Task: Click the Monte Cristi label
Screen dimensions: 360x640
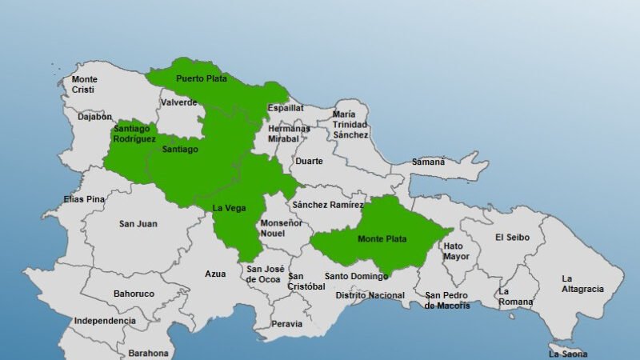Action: tap(85, 84)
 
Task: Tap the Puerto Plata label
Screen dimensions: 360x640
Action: tap(202, 78)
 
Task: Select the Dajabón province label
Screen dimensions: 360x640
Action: tap(94, 116)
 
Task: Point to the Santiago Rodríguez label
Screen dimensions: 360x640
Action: tap(134, 134)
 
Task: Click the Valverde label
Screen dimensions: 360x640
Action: tap(178, 102)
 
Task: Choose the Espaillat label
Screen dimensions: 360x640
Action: tap(285, 106)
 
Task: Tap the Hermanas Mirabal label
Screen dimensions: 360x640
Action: tap(289, 134)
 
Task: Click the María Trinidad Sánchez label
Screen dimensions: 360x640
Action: tap(350, 124)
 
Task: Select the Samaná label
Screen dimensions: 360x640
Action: tap(428, 162)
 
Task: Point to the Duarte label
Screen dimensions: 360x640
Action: tap(310, 161)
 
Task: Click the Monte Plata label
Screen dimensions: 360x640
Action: tap(382, 238)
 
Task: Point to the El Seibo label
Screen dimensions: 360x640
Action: tap(510, 237)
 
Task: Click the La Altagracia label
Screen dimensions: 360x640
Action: tap(582, 283)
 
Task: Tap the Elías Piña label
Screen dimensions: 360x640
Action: tap(84, 198)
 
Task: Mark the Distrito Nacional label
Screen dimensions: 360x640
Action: tap(370, 295)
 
